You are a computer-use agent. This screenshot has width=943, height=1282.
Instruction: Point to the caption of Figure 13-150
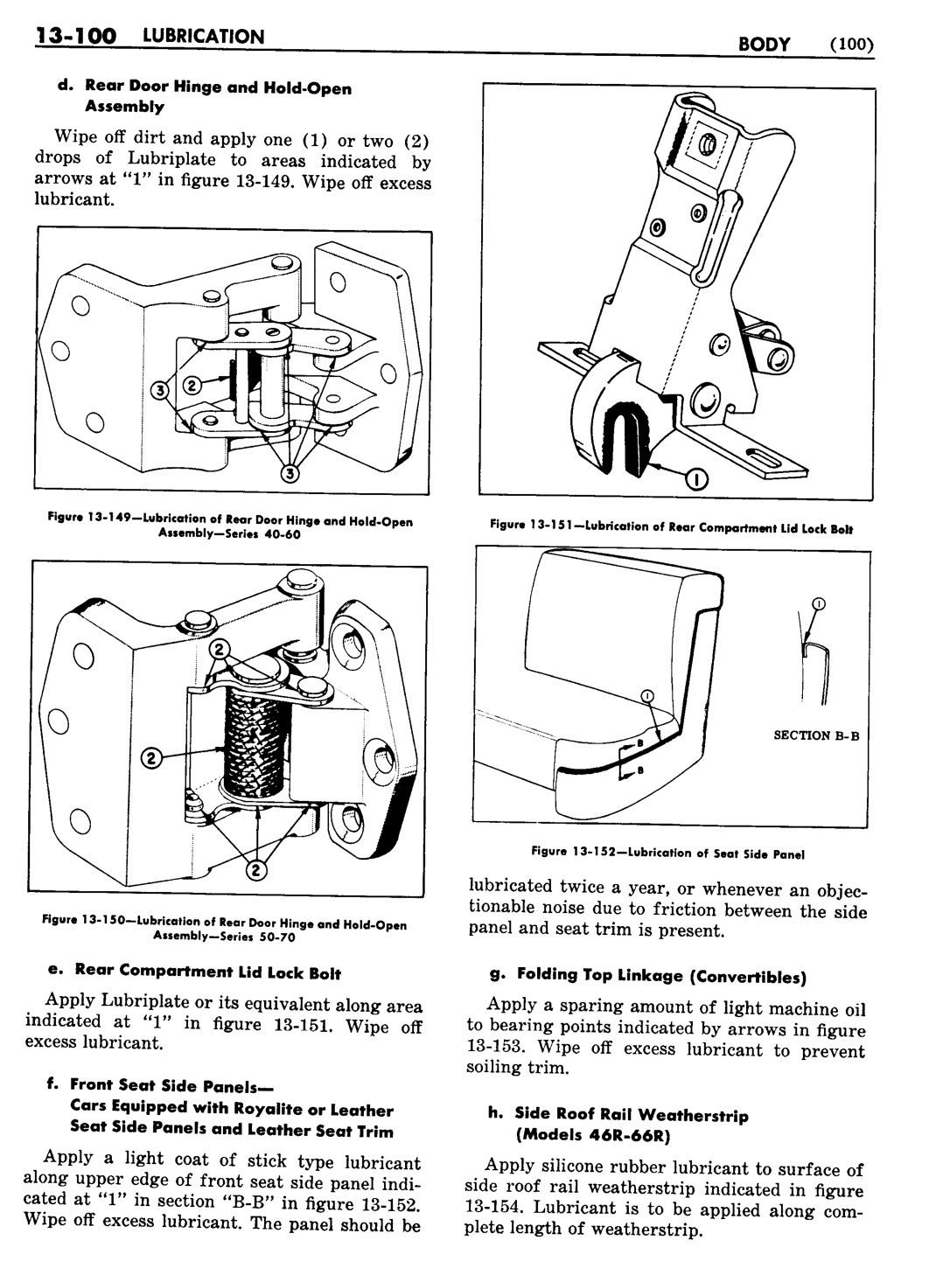(x=224, y=930)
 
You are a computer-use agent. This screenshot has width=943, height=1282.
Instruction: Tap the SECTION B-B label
(x=816, y=735)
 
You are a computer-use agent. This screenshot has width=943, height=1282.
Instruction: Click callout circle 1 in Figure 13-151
(x=697, y=478)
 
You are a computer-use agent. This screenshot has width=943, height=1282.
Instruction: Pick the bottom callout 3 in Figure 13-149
(x=289, y=473)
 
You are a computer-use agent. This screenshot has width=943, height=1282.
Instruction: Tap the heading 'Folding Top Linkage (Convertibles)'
(x=661, y=974)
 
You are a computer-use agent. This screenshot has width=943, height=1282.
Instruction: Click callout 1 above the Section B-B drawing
(x=819, y=603)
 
